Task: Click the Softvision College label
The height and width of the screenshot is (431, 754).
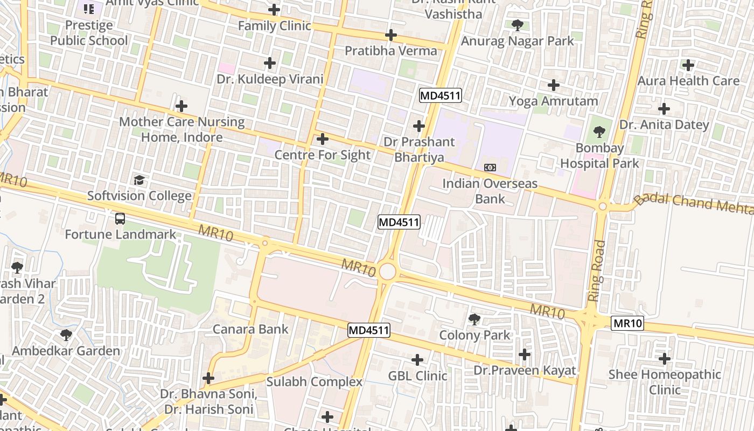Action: click(139, 196)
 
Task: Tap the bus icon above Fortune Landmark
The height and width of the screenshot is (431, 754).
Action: click(120, 219)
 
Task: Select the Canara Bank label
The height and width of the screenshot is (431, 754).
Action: click(250, 329)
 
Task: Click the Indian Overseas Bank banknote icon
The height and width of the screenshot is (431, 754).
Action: click(490, 168)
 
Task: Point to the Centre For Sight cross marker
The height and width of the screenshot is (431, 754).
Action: click(323, 140)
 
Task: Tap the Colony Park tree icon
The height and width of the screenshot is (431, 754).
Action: click(474, 319)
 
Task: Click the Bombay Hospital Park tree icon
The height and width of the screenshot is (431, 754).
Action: click(599, 131)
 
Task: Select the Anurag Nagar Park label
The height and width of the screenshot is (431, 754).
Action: click(518, 41)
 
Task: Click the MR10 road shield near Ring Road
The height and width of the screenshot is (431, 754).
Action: click(627, 323)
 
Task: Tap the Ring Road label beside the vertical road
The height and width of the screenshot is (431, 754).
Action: click(597, 271)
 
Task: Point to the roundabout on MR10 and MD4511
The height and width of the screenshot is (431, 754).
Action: click(387, 272)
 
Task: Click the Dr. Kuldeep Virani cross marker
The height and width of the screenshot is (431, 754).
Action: click(270, 64)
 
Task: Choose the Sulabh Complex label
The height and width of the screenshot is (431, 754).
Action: click(315, 382)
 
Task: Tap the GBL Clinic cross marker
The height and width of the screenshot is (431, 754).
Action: click(417, 360)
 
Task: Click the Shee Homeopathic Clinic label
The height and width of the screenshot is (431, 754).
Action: click(665, 381)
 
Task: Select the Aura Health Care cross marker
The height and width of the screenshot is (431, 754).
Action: click(688, 65)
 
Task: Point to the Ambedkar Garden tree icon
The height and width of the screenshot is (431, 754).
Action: click(66, 335)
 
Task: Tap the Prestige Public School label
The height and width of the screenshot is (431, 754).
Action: click(89, 33)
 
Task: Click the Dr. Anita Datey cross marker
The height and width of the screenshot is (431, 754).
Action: click(664, 109)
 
